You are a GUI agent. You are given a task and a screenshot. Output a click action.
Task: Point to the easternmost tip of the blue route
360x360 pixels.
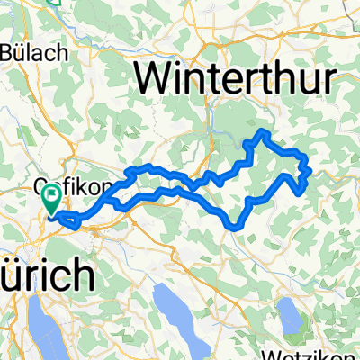coord(310,168)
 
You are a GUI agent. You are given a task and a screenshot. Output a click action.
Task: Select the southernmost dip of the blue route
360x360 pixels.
coord(236,228)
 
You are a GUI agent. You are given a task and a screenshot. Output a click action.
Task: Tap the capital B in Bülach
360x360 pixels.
coord(12,52)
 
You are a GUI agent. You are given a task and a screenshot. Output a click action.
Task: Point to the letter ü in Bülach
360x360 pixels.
coord(27,52)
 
